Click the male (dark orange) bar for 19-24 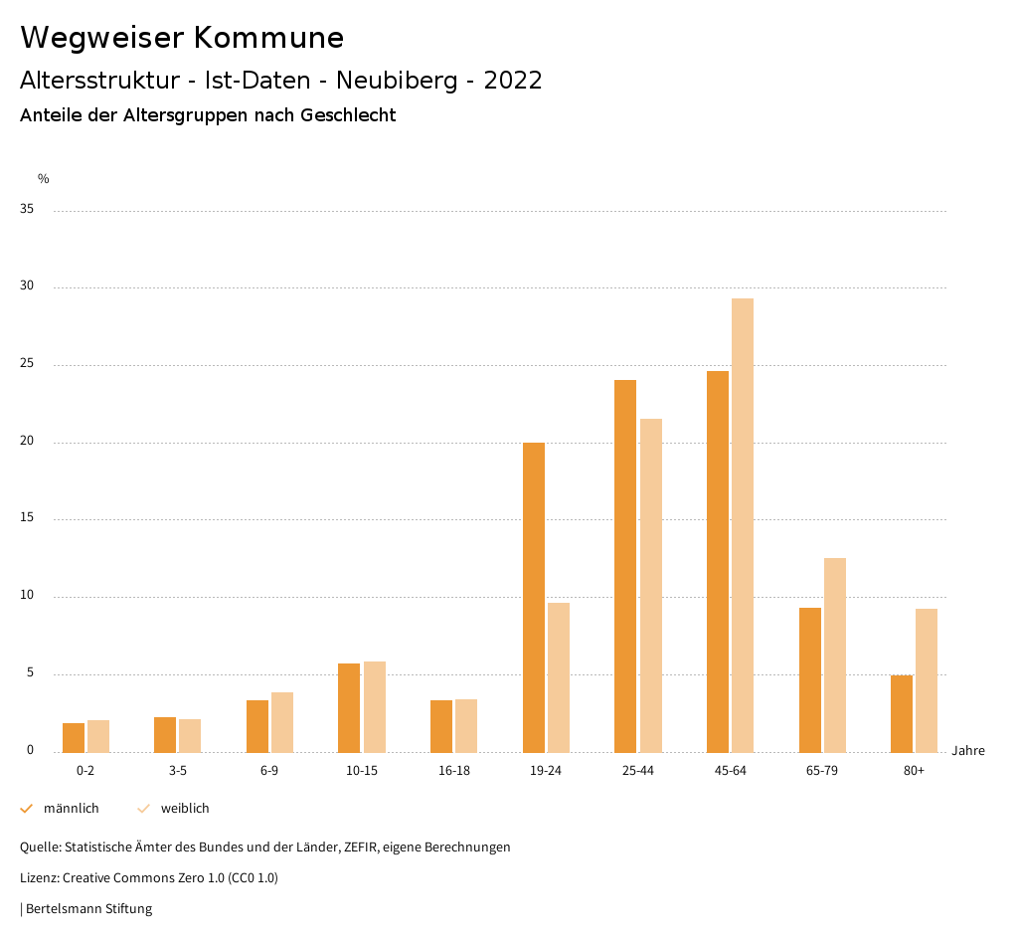point(533,597)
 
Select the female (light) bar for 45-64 point(743,525)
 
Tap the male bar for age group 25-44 point(625,566)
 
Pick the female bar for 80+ point(927,680)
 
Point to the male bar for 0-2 point(74,737)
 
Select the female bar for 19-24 point(559,677)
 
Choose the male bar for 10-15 point(349,707)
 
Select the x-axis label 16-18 point(453,771)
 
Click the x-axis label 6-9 point(269,771)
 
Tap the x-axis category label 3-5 point(177,771)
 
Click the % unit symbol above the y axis point(44,179)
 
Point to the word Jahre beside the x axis point(968,751)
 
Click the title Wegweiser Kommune point(182,38)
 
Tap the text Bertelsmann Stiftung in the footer point(88,909)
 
